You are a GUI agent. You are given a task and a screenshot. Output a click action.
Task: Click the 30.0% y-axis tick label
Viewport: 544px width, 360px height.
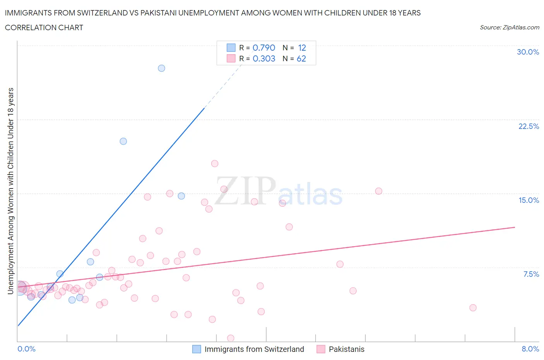click(x=528, y=52)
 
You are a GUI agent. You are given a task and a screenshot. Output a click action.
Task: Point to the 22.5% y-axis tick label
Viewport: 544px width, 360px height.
click(x=529, y=126)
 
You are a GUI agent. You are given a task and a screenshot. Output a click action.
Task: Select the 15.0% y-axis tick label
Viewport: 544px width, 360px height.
click(x=529, y=200)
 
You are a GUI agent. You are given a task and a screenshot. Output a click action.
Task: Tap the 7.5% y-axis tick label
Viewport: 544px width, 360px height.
click(x=531, y=274)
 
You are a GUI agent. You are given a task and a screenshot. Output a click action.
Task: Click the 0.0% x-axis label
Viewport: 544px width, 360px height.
click(x=26, y=349)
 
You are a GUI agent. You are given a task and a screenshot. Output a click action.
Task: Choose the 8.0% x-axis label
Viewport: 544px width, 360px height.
click(x=530, y=349)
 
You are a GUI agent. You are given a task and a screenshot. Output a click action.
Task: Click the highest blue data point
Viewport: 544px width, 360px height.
click(x=161, y=68)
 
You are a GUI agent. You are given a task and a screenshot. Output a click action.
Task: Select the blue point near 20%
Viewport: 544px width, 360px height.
click(x=123, y=141)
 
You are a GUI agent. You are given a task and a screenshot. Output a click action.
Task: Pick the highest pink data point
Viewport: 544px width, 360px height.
click(x=215, y=164)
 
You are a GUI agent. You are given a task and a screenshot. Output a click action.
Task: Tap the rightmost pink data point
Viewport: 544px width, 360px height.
click(x=473, y=308)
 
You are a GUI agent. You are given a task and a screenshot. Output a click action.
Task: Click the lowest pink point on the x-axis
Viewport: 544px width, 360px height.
click(x=231, y=338)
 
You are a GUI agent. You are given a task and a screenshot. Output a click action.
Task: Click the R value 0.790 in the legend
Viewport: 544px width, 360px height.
click(x=264, y=48)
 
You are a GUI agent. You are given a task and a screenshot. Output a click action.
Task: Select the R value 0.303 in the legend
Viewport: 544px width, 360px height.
click(x=264, y=58)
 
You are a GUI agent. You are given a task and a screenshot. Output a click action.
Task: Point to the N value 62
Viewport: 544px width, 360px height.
click(x=301, y=58)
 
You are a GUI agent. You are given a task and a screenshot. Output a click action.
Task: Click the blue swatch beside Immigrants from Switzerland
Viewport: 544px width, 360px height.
click(x=197, y=349)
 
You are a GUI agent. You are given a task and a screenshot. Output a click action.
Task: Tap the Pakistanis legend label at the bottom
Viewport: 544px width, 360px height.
click(x=346, y=349)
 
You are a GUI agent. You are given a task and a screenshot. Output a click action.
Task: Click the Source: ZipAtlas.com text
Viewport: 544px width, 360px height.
click(x=509, y=27)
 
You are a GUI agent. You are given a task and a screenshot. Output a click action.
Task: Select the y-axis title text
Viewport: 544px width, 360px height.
click(x=11, y=190)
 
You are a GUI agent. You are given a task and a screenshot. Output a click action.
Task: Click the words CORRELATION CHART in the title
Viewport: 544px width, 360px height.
click(x=44, y=27)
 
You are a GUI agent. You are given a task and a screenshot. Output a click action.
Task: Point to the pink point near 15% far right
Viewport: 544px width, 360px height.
click(x=378, y=191)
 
